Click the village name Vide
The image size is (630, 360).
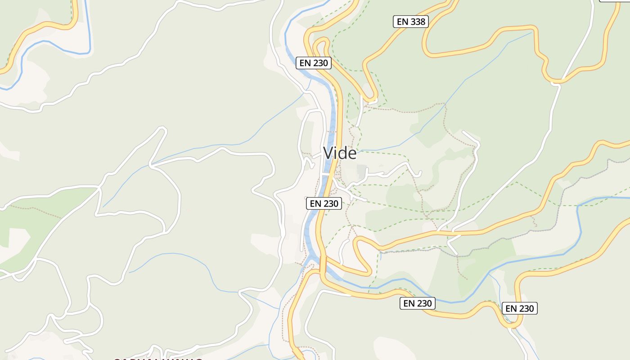[x=340, y=153]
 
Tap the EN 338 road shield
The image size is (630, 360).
[x=410, y=21]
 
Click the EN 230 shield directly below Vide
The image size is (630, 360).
[x=324, y=203]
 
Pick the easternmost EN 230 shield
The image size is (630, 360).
[x=520, y=308]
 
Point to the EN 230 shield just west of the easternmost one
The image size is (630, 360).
[x=418, y=303]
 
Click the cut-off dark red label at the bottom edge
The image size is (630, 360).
[x=157, y=359]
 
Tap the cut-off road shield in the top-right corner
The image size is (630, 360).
[x=614, y=1]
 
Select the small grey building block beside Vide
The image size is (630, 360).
[x=361, y=170]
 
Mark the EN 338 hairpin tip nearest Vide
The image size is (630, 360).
[x=372, y=99]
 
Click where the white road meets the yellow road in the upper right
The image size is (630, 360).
[x=557, y=82]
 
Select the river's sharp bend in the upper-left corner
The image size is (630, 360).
[x=85, y=53]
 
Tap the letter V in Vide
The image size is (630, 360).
[x=328, y=153]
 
